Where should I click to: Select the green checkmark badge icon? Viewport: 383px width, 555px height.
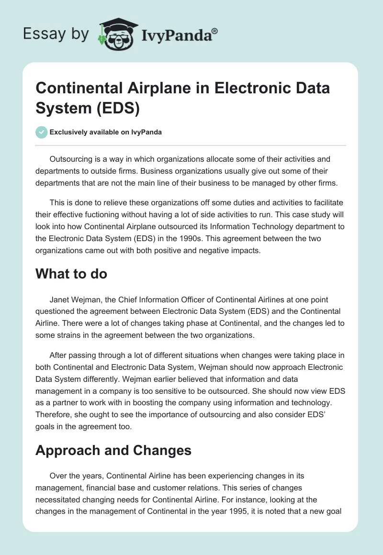[x=42, y=132]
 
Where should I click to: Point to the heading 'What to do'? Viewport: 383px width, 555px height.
[x=72, y=274]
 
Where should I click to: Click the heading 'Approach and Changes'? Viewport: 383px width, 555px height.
[x=114, y=450]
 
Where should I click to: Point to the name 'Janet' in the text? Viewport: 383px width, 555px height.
[x=60, y=300]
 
